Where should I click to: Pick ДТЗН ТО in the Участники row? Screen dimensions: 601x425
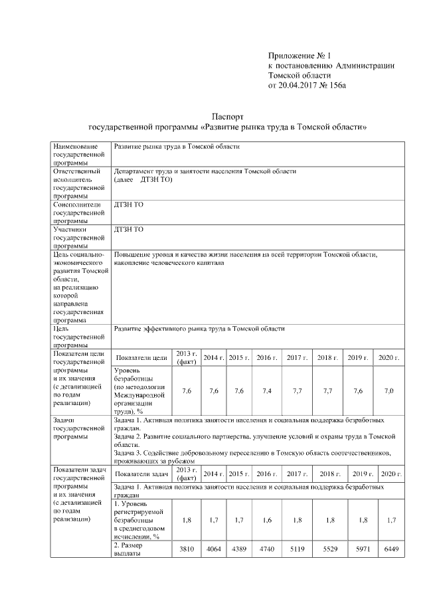(x=129, y=229)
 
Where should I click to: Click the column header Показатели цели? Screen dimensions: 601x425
(x=141, y=358)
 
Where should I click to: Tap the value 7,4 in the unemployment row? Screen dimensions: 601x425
(x=267, y=390)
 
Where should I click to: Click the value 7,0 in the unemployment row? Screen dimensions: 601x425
(x=388, y=390)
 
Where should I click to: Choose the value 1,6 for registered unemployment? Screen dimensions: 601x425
(x=267, y=520)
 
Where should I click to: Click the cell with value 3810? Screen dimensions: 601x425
(x=186, y=551)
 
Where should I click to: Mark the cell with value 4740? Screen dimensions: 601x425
(x=267, y=551)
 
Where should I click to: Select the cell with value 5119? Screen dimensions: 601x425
(x=296, y=551)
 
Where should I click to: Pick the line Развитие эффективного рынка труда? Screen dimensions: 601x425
(x=199, y=328)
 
